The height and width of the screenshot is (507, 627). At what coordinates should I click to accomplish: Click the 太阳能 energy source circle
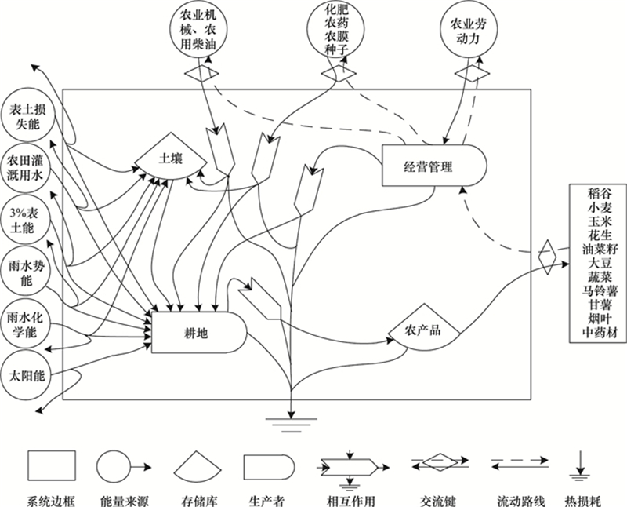(27, 375)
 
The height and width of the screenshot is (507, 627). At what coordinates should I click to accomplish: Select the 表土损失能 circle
(27, 117)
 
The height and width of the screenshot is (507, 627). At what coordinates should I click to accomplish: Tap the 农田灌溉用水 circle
(27, 169)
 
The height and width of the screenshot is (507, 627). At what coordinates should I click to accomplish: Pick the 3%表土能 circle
(27, 221)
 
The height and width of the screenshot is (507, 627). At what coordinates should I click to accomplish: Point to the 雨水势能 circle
(27, 272)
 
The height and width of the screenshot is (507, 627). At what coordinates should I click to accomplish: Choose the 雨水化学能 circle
(27, 324)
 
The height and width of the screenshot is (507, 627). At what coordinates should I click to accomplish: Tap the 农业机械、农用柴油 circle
(199, 31)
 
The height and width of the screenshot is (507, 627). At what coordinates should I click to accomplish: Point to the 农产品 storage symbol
(424, 326)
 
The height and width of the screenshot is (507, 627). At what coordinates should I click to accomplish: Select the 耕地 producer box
(199, 333)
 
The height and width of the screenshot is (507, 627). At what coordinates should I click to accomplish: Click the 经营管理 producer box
(434, 166)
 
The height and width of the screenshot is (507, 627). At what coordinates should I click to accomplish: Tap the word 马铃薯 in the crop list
(600, 290)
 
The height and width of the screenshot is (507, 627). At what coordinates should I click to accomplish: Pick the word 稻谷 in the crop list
(600, 194)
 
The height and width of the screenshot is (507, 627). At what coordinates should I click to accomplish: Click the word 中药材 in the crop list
(600, 333)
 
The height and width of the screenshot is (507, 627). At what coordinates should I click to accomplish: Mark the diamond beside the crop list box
(547, 257)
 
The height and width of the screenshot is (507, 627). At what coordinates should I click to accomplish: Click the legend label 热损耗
(582, 501)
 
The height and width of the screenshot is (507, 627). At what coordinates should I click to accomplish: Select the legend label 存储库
(200, 501)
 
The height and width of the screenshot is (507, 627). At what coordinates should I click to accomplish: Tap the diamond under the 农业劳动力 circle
(473, 73)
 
